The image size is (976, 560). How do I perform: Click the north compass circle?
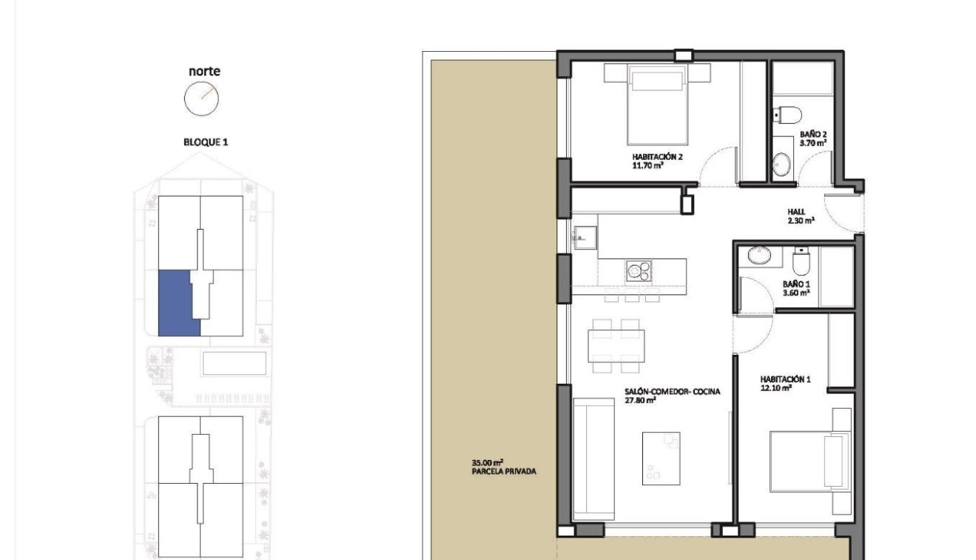202,99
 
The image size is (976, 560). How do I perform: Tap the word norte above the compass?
204,72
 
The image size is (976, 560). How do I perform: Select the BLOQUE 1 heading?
206,141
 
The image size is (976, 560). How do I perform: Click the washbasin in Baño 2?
782,164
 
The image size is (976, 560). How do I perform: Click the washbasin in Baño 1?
758,256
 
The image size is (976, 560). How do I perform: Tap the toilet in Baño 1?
802,261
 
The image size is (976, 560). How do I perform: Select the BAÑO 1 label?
796,288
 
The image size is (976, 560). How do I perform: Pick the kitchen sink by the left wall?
581,238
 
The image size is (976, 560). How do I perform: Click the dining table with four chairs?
614,345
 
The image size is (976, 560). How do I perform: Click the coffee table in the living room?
660,448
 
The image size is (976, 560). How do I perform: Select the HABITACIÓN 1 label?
785,383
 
